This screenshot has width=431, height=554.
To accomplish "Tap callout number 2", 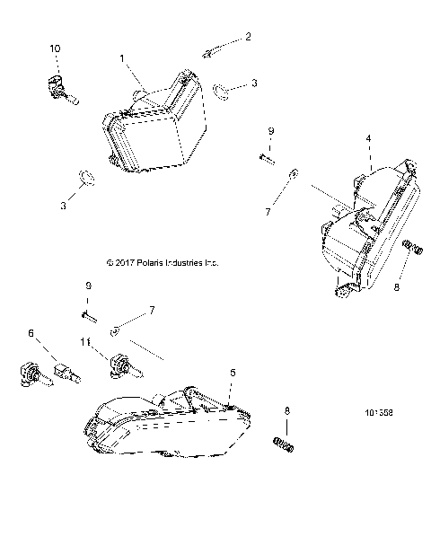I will (249, 37).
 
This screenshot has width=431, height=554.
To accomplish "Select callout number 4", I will (368, 139).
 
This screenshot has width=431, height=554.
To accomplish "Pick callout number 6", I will (32, 333).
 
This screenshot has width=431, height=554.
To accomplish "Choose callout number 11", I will (87, 342).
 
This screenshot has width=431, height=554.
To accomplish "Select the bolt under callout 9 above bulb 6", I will (88, 314).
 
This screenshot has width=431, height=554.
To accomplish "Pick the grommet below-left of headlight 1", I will (84, 176).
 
